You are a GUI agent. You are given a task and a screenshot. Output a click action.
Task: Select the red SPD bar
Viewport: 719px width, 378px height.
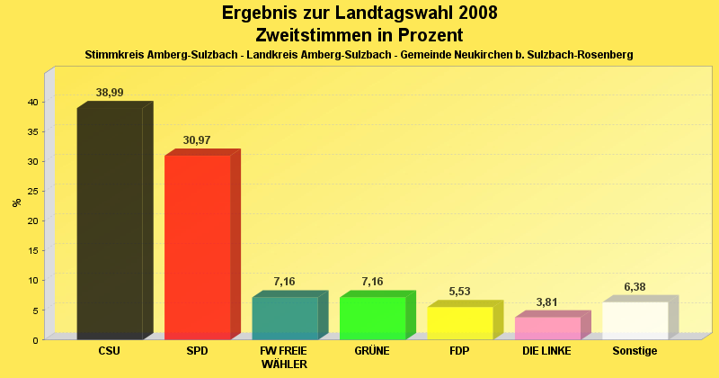coord(197,247)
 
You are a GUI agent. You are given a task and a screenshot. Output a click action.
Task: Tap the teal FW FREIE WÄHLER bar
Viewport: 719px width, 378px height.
coord(285,318)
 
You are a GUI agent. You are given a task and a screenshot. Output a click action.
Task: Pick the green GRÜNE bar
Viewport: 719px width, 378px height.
coord(372,318)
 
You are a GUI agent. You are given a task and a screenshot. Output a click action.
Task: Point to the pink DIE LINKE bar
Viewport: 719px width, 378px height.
coord(547,328)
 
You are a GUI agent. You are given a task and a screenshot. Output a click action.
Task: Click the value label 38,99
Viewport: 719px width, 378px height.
coord(110,93)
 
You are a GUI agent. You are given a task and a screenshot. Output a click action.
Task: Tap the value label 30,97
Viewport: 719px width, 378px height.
coord(197,140)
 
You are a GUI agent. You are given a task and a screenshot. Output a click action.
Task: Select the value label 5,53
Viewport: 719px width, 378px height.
coord(460,292)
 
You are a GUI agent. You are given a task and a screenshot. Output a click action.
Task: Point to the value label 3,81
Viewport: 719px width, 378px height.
coord(547,302)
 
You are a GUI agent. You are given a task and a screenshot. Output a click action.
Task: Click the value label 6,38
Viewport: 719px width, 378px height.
coord(635,287)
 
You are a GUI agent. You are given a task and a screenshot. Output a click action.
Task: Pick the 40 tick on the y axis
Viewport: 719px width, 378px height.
coord(31,102)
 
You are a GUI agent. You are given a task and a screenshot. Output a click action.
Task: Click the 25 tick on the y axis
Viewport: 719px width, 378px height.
coord(31,191)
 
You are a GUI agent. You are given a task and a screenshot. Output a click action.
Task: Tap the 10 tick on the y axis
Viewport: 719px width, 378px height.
coord(31,280)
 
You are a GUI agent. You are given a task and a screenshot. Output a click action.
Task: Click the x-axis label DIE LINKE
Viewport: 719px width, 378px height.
coord(547,351)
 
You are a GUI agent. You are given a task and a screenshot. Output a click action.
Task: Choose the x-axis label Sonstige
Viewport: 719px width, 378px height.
coord(635,351)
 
